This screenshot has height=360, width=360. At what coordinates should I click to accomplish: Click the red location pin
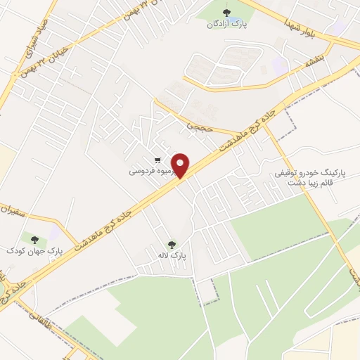click(181, 165)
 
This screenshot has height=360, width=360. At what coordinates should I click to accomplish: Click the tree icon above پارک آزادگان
click(226, 12)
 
